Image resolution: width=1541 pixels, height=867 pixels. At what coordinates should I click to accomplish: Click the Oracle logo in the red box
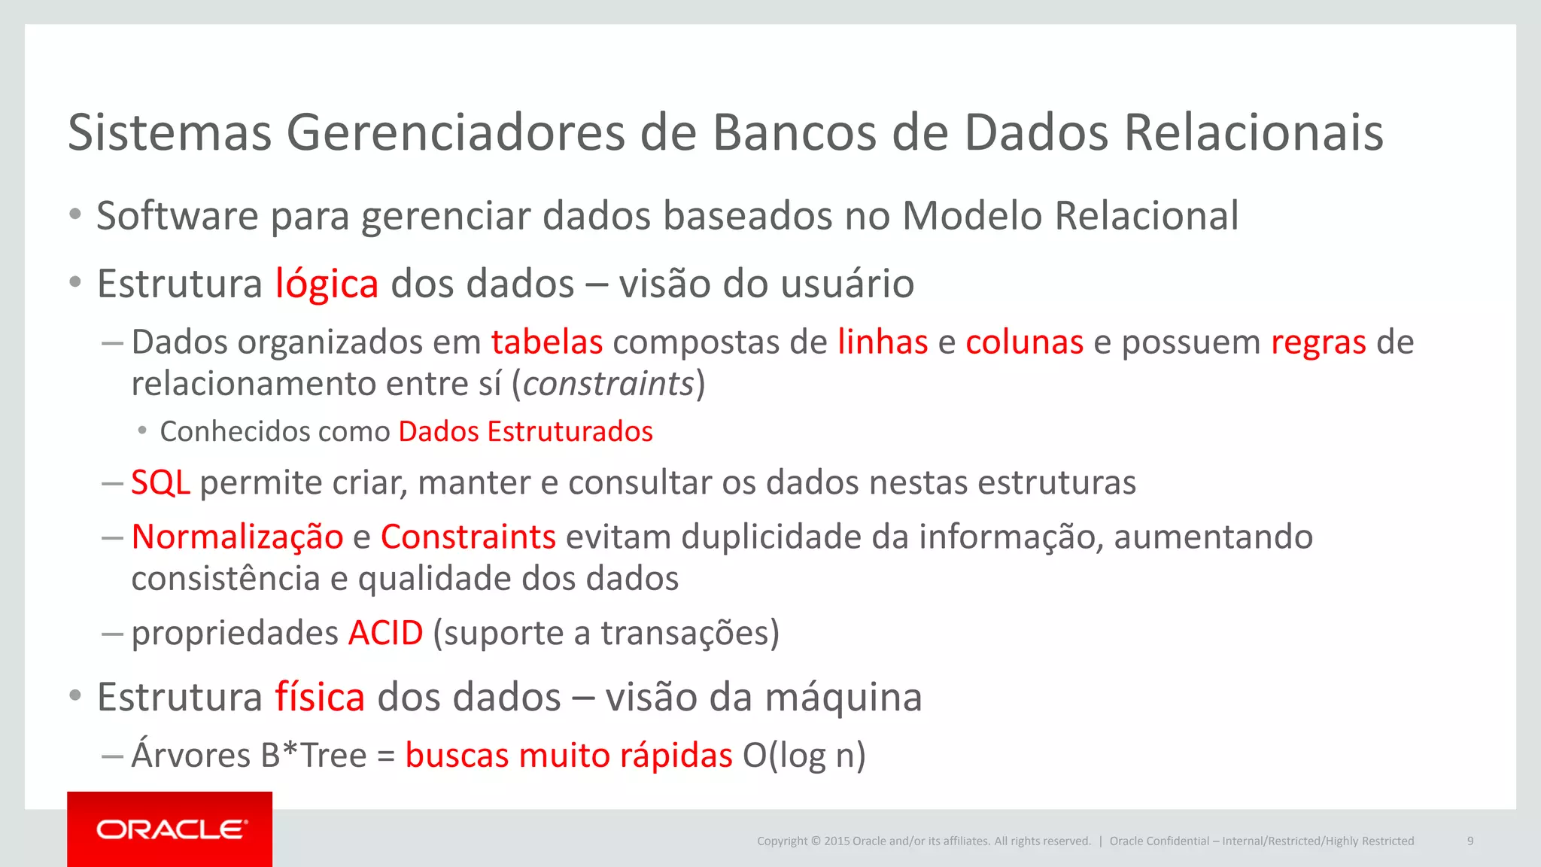click(171, 829)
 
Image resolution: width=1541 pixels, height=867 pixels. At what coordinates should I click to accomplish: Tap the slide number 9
click(1470, 841)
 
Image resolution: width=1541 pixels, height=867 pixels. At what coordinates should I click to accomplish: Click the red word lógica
click(327, 284)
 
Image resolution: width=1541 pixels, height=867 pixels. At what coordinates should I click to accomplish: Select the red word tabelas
click(547, 342)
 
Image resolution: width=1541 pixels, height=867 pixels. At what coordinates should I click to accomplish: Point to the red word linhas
click(883, 342)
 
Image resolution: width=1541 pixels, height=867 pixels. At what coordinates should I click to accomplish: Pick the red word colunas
click(1024, 342)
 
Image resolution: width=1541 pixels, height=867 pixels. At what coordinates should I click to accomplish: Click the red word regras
click(1318, 342)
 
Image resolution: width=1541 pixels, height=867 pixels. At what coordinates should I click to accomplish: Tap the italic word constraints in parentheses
click(608, 384)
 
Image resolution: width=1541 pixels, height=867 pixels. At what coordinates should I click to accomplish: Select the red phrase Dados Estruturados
click(525, 432)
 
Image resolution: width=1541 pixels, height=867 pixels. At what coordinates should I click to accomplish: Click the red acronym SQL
click(160, 482)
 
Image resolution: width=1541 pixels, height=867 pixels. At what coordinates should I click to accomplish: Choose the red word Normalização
click(237, 537)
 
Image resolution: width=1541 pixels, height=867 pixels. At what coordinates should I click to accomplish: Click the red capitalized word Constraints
click(468, 537)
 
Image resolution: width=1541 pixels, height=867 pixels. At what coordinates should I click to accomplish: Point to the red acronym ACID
click(385, 633)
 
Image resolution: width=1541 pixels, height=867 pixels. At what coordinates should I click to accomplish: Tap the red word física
click(320, 697)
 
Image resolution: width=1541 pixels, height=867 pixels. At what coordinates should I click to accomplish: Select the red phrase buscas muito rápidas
click(568, 756)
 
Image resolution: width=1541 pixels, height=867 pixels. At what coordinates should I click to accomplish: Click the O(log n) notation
click(804, 756)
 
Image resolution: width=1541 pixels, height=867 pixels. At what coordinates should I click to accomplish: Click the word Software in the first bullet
click(178, 216)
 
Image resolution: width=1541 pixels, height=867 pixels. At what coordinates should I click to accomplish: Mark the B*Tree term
click(313, 756)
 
